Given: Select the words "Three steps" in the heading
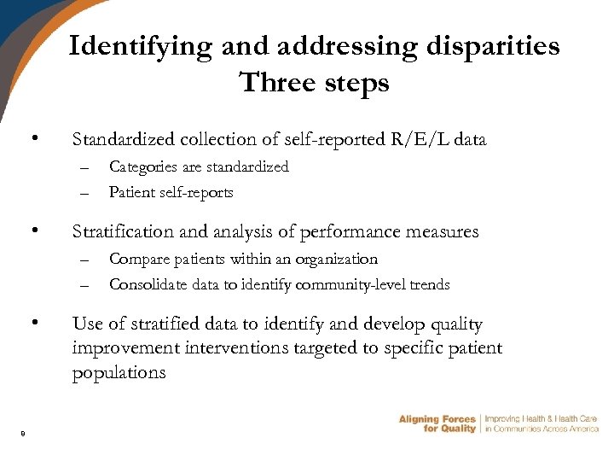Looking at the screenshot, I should click(x=314, y=83).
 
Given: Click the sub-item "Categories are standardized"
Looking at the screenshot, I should click(x=199, y=166).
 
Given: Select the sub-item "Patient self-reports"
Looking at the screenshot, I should click(x=171, y=192).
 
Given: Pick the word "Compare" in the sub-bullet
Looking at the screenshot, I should click(x=138, y=259).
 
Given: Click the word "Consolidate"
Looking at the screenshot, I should click(x=145, y=284).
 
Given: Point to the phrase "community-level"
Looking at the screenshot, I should click(x=350, y=284).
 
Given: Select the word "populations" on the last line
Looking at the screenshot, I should click(x=119, y=373).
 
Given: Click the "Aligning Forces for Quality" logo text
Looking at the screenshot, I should click(x=437, y=423).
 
